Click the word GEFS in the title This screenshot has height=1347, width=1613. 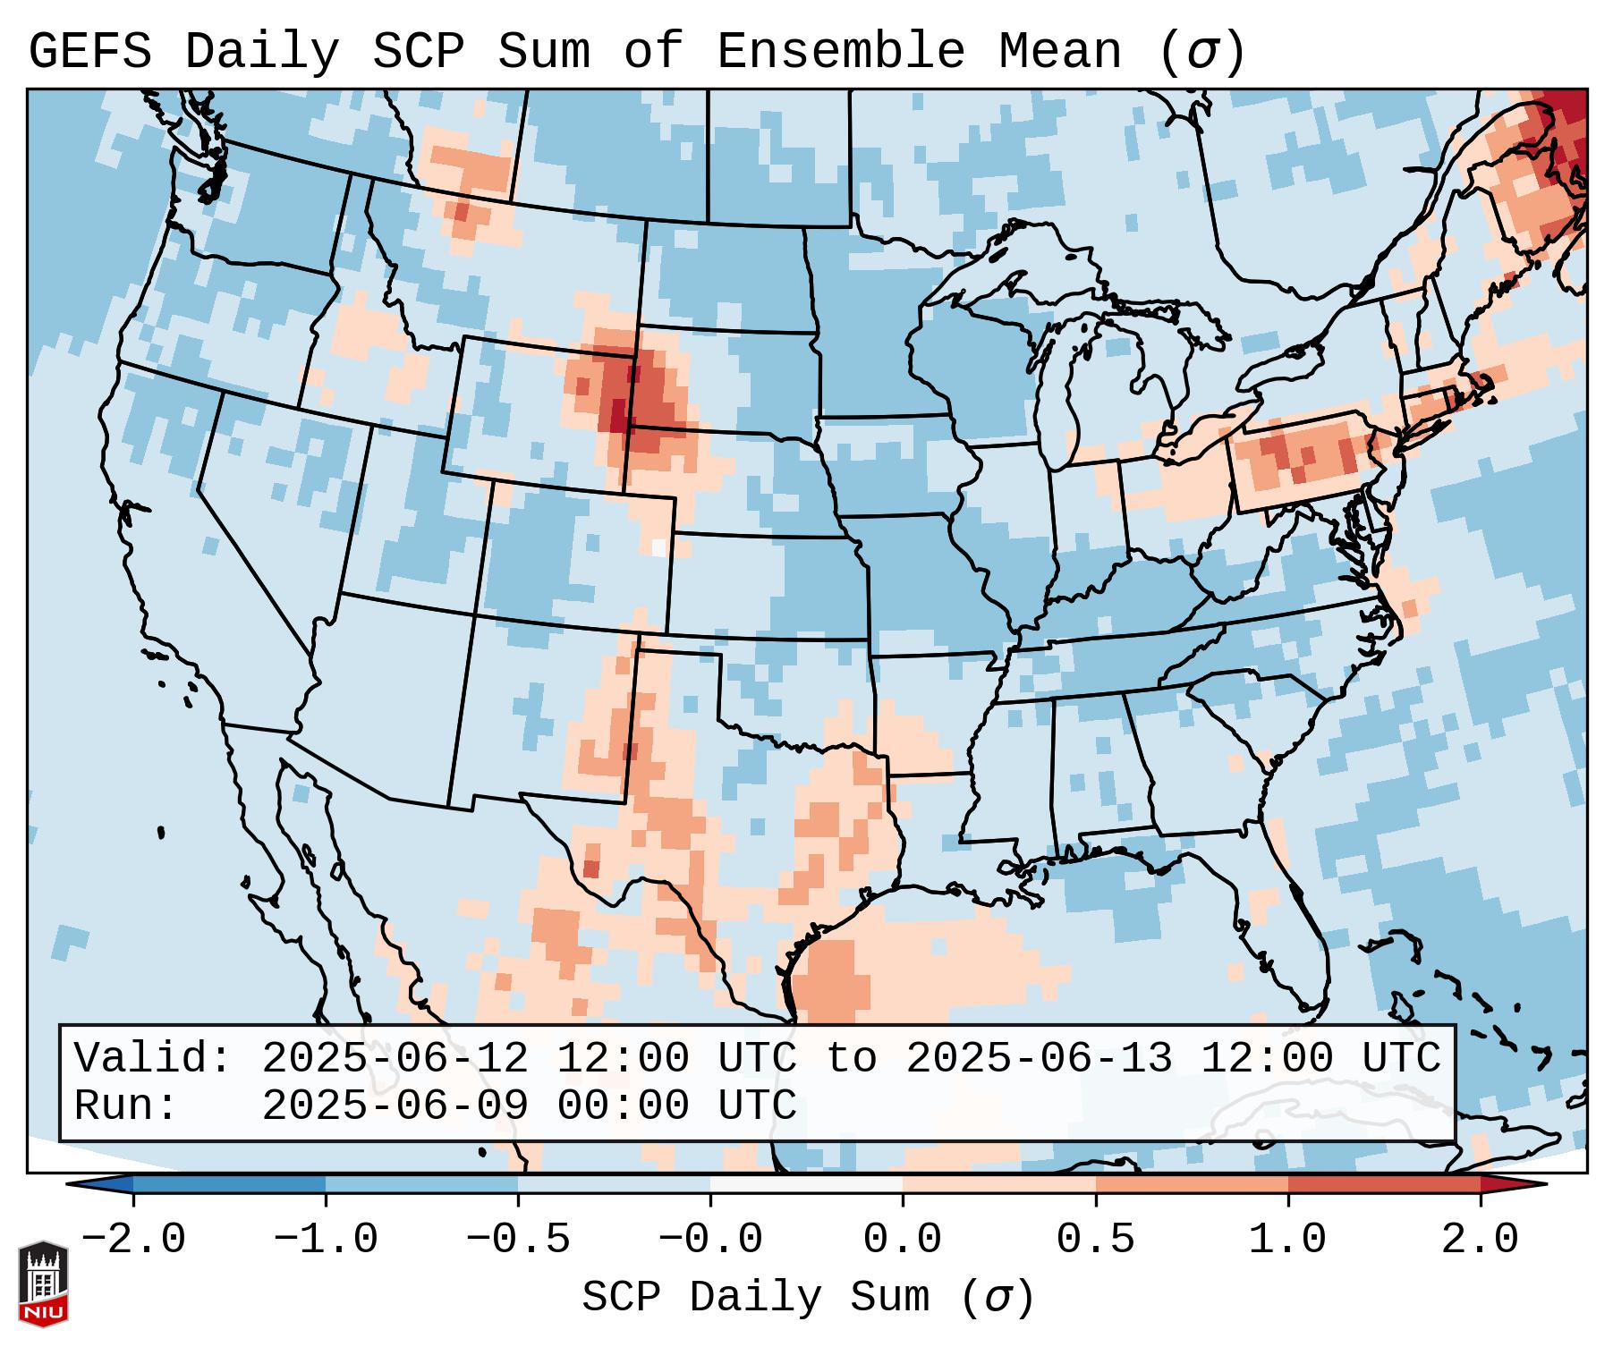pyautogui.click(x=89, y=52)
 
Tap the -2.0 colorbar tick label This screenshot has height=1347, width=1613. pyautogui.click(x=133, y=1240)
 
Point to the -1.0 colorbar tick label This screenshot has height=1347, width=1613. pyautogui.click(x=326, y=1240)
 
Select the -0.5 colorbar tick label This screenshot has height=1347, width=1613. pyautogui.click(x=518, y=1240)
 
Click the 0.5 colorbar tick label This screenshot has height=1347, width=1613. pyautogui.click(x=1096, y=1240)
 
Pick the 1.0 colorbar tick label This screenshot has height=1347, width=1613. pyautogui.click(x=1288, y=1240)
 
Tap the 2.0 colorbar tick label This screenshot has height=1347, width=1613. pyautogui.click(x=1481, y=1240)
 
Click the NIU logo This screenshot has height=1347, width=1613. pyautogui.click(x=42, y=1283)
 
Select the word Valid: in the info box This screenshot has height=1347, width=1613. pyautogui.click(x=153, y=1059)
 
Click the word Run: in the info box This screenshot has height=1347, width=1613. pyautogui.click(x=126, y=1106)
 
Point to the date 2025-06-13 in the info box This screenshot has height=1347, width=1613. pyautogui.click(x=1039, y=1059)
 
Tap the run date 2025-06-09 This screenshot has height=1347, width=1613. pyautogui.click(x=395, y=1106)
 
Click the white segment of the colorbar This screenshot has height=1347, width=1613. pyautogui.click(x=806, y=1184)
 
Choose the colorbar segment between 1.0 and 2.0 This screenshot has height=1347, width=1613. pyautogui.click(x=1384, y=1184)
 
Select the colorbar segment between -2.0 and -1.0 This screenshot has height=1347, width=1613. pyautogui.click(x=229, y=1184)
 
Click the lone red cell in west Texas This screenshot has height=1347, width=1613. pyautogui.click(x=590, y=869)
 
